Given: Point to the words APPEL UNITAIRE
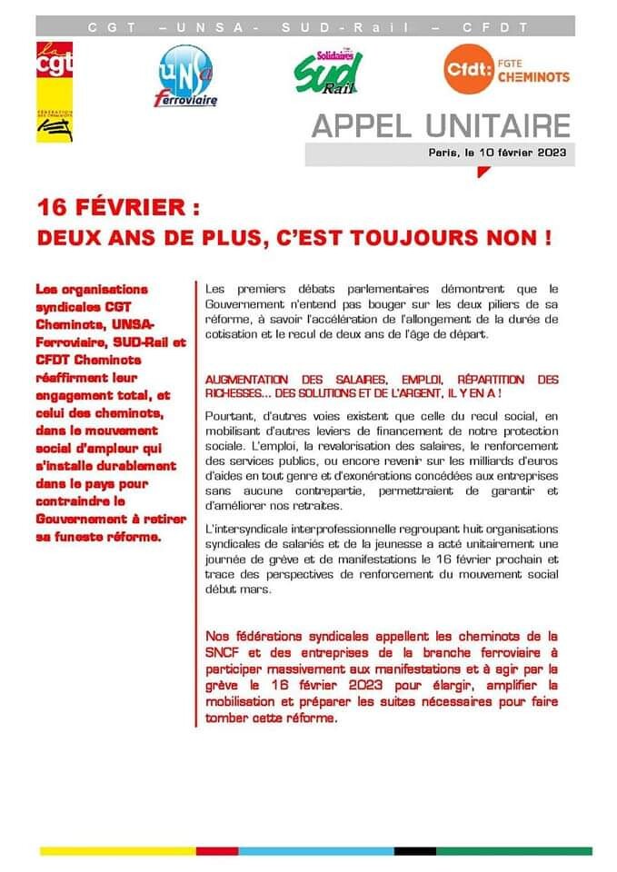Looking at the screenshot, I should click(x=441, y=125).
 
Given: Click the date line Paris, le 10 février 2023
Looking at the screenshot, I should click(x=498, y=153).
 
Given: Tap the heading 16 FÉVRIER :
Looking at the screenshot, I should click(x=118, y=208).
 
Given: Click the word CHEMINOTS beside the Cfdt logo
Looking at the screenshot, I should click(x=533, y=78).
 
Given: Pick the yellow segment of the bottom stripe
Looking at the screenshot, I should click(x=118, y=850).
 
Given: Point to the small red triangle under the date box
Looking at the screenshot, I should click(x=483, y=172).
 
